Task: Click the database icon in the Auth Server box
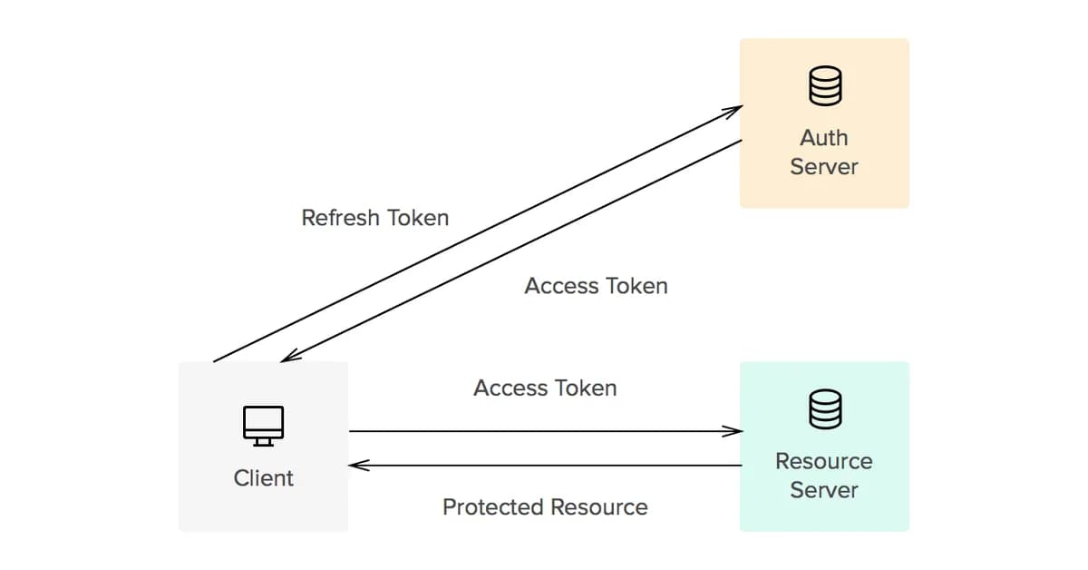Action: coord(824,87)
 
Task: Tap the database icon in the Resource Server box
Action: coord(824,409)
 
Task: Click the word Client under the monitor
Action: coord(263,477)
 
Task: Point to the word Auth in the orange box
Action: coord(824,138)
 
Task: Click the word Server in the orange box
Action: coord(824,167)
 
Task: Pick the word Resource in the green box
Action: coord(824,461)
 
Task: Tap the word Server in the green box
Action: coord(824,490)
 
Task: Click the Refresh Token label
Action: coord(374,218)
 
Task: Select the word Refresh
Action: coord(342,218)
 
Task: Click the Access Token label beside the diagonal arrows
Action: coord(596,286)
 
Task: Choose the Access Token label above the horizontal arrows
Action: coord(545,388)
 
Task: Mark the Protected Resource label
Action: coord(545,507)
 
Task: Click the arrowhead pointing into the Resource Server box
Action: coord(735,431)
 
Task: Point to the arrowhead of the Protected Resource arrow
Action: coord(356,466)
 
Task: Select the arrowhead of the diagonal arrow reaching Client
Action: coord(288,358)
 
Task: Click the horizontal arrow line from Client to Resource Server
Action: coord(544,431)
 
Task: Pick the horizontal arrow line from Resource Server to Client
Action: coord(544,466)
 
